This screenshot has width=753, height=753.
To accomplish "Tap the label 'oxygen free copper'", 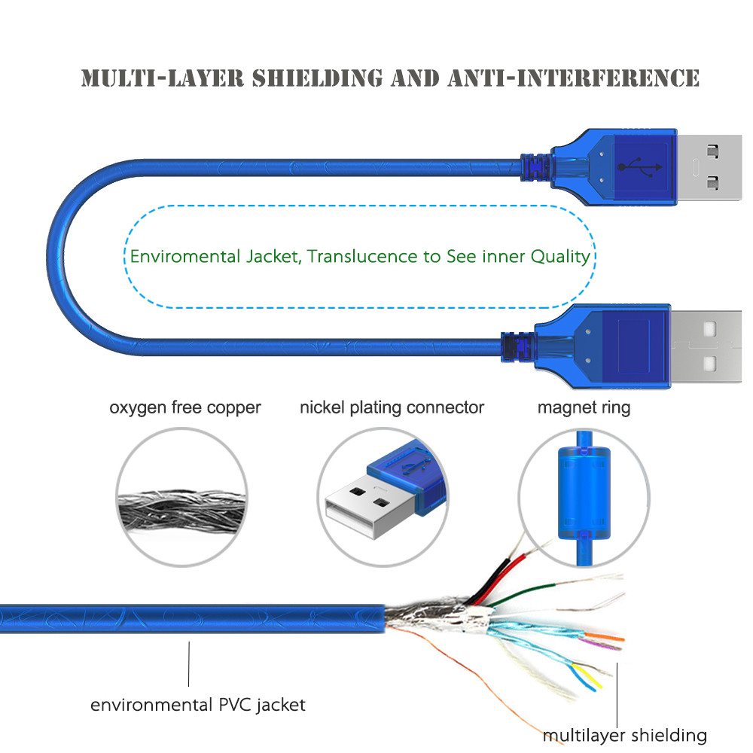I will [x=185, y=408].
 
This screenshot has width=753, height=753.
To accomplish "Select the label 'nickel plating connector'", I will [x=392, y=408].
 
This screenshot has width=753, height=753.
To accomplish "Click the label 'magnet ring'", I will [x=584, y=408].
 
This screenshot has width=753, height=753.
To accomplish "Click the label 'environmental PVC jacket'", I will [x=198, y=706].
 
